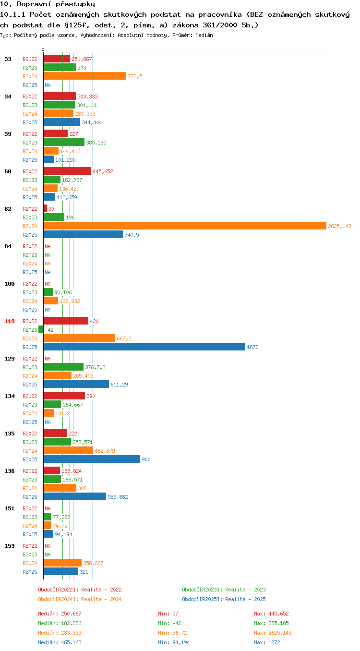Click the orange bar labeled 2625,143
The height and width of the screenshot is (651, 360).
click(185, 226)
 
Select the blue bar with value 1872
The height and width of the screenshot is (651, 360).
click(144, 347)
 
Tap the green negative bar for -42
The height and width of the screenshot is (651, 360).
click(41, 329)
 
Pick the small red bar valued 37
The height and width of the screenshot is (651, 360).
click(45, 208)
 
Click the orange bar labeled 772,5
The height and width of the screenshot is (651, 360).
click(85, 76)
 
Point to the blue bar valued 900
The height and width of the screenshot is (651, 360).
click(92, 459)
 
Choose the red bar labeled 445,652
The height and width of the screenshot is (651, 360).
click(67, 171)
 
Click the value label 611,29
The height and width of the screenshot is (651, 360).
click(119, 385)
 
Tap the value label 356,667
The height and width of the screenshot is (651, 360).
click(93, 563)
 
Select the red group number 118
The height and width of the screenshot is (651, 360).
click(9, 321)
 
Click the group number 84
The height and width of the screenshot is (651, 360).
click(8, 246)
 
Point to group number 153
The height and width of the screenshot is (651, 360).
click(9, 546)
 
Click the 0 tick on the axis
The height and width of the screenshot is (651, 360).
click(43, 50)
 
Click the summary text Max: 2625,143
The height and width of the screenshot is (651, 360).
click(273, 633)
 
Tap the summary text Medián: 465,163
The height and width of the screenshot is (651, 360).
click(60, 642)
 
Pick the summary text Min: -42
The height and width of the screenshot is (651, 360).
click(170, 623)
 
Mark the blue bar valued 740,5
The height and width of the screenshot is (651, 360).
click(83, 234)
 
